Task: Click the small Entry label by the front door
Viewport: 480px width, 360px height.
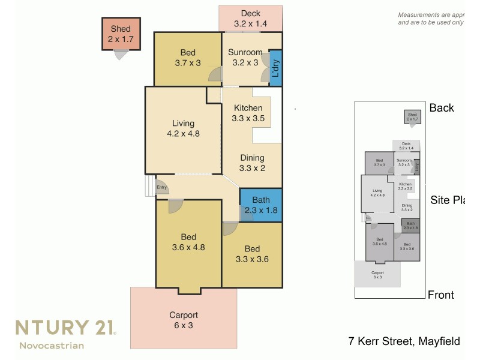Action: pyautogui.click(x=162, y=188)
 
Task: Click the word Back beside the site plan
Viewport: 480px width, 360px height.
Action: pyautogui.click(x=442, y=108)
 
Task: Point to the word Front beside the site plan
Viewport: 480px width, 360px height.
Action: pyautogui.click(x=440, y=295)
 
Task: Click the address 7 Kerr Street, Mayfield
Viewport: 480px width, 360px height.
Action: pyautogui.click(x=404, y=341)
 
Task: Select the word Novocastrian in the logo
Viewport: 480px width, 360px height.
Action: pyautogui.click(x=52, y=345)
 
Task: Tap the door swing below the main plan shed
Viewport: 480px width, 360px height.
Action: pyautogui.click(x=121, y=55)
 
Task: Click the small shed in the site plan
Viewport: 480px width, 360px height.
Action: pyautogui.click(x=412, y=117)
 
